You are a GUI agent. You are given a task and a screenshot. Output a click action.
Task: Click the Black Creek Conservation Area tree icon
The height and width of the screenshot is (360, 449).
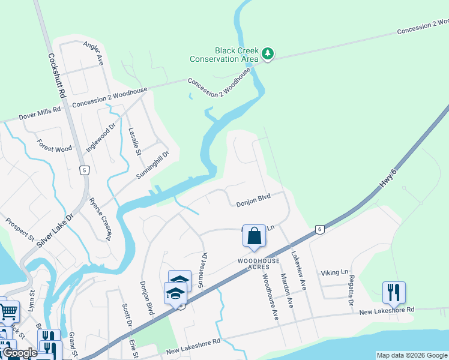click(268, 55)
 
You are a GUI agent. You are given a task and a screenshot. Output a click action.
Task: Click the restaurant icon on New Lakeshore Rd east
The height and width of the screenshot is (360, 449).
click(394, 293)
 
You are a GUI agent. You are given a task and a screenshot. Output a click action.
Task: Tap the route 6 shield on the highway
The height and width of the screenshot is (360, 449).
click(320, 229)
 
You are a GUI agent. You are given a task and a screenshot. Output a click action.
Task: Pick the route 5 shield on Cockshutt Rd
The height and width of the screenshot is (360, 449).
click(85, 170)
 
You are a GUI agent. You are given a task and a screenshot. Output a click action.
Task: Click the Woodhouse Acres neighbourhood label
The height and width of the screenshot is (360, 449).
click(258, 264)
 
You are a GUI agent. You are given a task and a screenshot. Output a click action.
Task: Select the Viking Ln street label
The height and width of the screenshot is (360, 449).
click(334, 272)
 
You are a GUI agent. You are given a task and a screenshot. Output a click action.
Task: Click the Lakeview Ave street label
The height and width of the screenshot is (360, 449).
click(298, 271)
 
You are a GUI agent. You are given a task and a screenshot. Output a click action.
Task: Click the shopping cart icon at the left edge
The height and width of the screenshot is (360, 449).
click(8, 311)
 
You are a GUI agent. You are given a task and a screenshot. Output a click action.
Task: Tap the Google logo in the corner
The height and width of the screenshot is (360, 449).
click(20, 353)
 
